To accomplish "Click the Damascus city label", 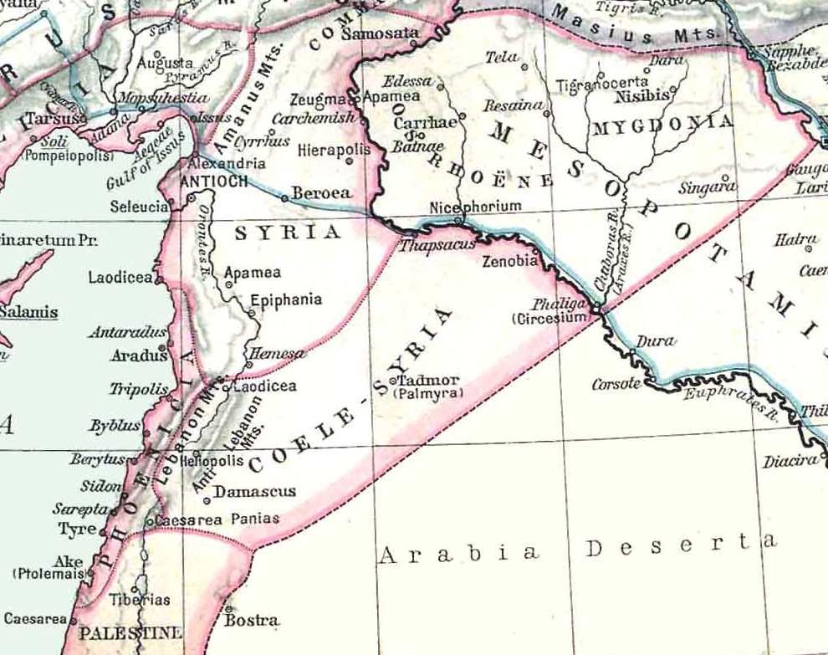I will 255,491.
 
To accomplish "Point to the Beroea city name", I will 321,192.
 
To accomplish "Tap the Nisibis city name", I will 641,96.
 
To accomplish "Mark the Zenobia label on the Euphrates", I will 510,261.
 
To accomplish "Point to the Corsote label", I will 616,384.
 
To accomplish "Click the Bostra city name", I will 252,621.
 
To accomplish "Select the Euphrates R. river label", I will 725,399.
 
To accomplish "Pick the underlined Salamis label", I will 29,312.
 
